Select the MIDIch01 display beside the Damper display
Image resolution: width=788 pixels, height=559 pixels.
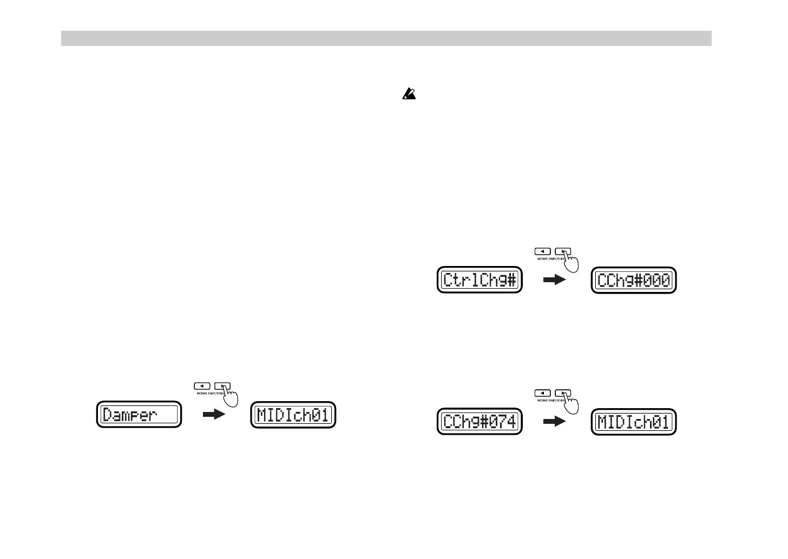coord(293,415)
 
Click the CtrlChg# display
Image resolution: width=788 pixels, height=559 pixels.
coord(480,280)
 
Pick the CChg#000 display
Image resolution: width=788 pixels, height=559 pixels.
coord(634,280)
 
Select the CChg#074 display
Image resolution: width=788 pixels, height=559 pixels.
coord(480,422)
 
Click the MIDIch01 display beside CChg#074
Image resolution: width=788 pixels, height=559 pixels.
coord(634,422)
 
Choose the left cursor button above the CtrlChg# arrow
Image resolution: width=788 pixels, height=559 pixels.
coord(543,251)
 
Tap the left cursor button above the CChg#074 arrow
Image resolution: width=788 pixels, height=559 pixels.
coord(543,393)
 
